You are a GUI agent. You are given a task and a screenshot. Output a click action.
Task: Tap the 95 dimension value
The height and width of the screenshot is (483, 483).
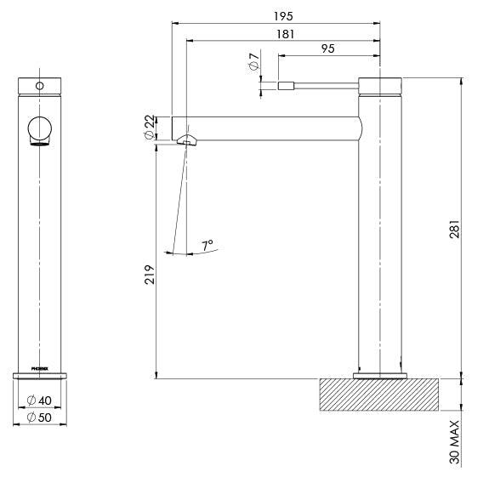coord(327,49)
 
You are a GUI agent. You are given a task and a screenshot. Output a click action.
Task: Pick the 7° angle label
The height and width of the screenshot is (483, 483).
coord(207,245)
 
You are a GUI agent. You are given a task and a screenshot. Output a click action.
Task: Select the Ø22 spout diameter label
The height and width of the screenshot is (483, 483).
coord(150,128)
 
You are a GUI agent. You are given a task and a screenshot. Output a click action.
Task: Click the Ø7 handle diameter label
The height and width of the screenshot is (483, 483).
coord(253,65)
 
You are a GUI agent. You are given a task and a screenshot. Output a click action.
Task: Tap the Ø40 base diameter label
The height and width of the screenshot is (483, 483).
coord(41,399)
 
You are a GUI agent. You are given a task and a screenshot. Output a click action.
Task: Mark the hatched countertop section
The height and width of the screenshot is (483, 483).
coord(378,396)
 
